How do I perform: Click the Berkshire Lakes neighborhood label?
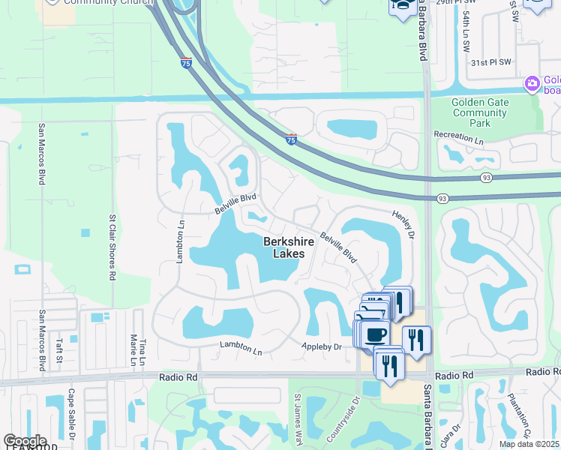click(284, 247)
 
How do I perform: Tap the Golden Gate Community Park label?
click(481, 112)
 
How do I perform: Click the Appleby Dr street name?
click(322, 346)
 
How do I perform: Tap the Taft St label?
click(58, 349)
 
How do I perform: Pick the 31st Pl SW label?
click(490, 62)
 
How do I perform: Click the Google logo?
click(25, 441)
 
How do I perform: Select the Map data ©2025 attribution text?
click(529, 444)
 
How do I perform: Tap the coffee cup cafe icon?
click(376, 334)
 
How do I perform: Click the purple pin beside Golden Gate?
click(532, 82)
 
